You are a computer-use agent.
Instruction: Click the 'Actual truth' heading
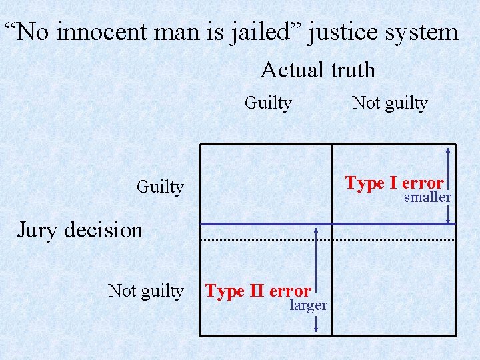(317, 70)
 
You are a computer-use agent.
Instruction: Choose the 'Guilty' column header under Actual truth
(268, 103)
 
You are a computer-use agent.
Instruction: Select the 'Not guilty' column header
(389, 103)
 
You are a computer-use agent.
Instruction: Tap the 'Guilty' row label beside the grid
(159, 187)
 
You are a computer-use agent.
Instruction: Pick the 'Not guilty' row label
(145, 291)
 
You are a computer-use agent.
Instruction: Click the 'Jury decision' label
(79, 231)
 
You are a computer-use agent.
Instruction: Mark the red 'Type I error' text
(394, 183)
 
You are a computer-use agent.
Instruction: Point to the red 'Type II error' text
(258, 291)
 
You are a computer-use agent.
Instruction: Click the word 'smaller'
(427, 198)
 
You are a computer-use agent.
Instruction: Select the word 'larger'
(308, 306)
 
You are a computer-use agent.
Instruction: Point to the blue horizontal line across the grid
(267, 224)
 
